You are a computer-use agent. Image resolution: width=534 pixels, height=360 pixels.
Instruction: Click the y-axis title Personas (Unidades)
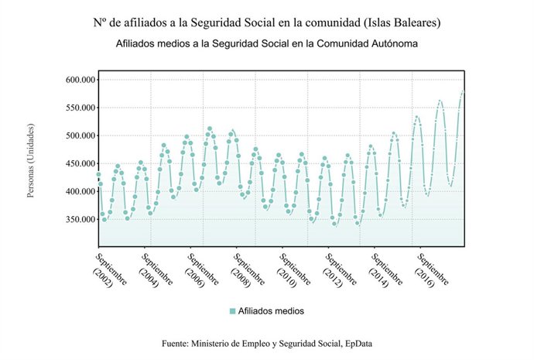[x=32, y=160]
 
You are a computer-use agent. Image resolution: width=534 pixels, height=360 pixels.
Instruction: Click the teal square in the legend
[x=232, y=310]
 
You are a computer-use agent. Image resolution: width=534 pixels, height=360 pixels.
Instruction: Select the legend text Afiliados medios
[x=271, y=310]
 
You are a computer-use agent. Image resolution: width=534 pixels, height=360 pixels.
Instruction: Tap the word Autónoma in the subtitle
[x=393, y=44]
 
